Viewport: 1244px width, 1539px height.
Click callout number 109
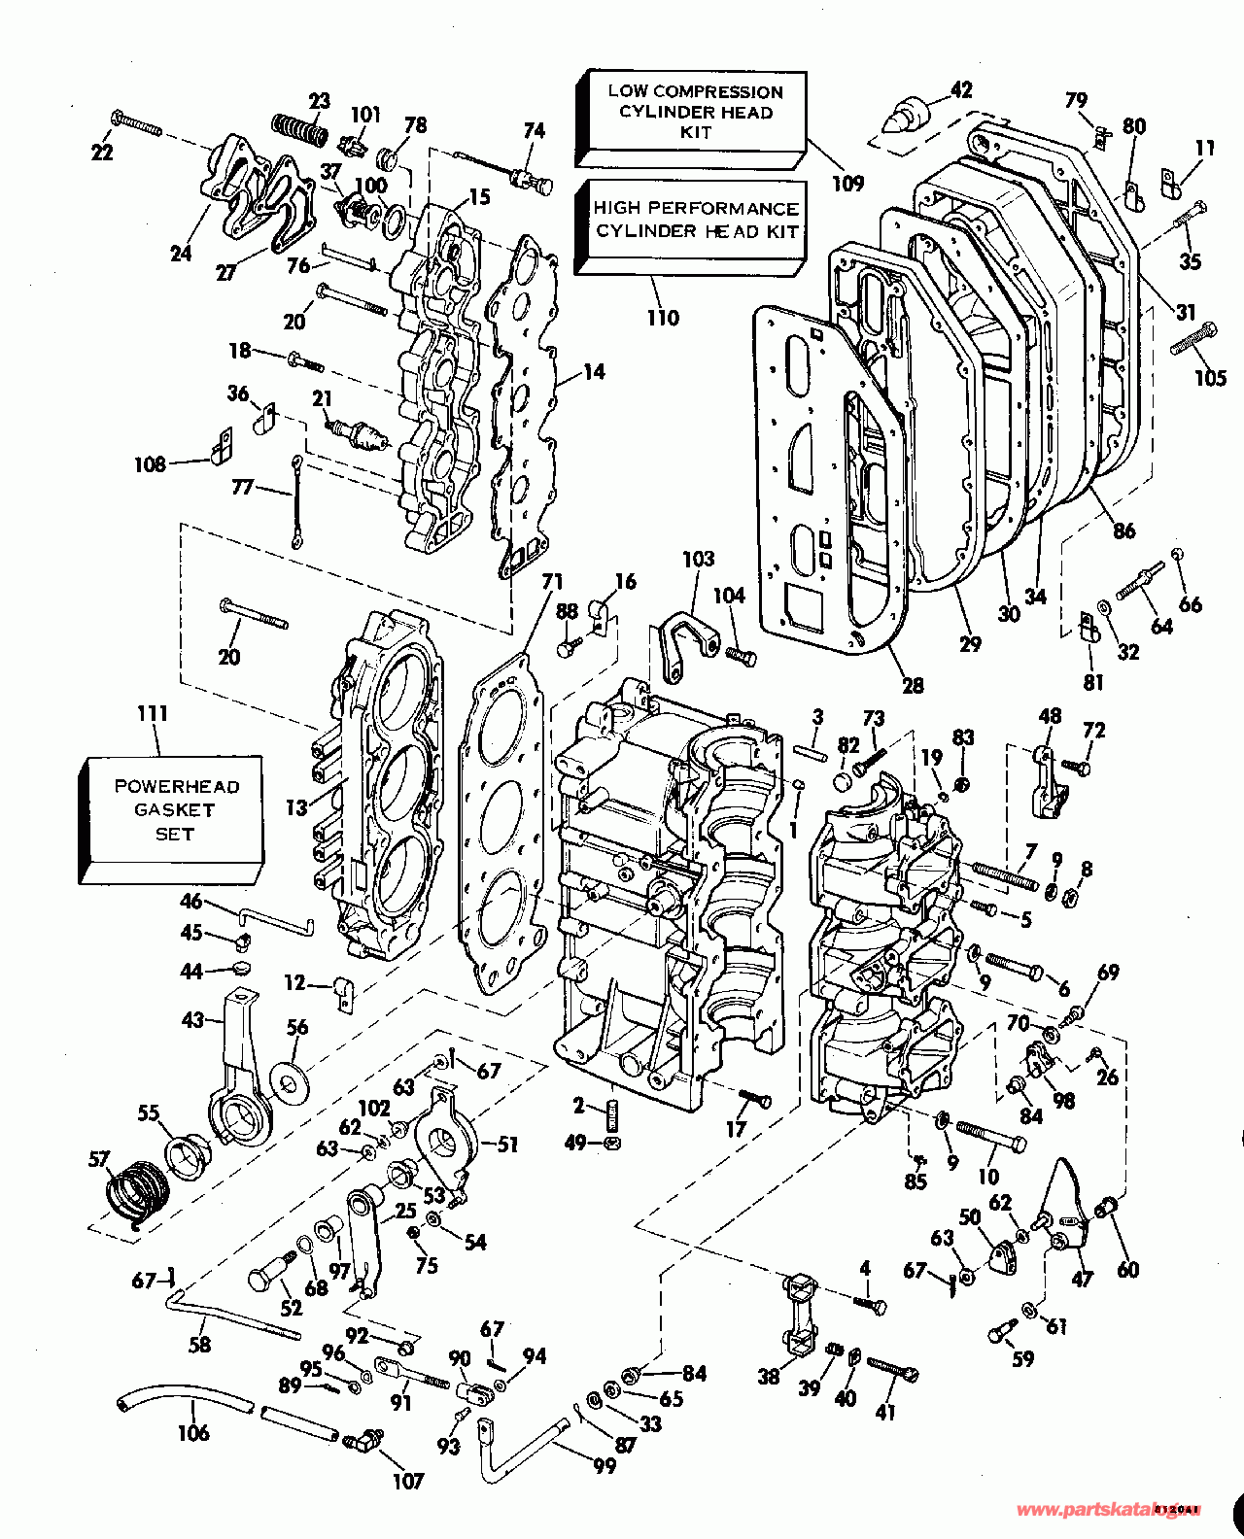coord(847,183)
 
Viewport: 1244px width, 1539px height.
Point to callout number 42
coord(960,90)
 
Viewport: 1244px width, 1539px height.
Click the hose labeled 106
coord(185,1405)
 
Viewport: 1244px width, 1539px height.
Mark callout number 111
coord(153,715)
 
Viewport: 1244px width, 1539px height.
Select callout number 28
coord(913,686)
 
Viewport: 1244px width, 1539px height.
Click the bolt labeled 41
coord(891,1371)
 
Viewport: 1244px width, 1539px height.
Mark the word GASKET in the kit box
coord(175,809)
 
